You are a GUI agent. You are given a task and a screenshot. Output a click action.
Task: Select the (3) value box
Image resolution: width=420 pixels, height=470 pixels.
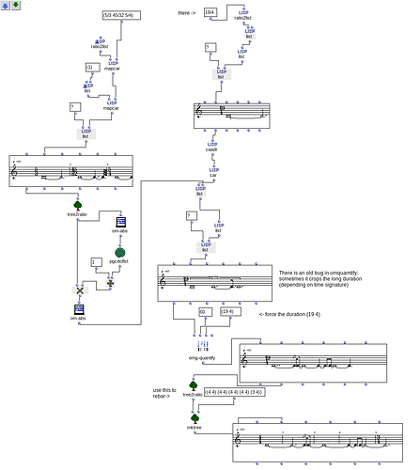[90, 68]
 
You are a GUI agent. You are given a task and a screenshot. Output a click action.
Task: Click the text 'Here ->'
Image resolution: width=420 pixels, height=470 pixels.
[188, 12]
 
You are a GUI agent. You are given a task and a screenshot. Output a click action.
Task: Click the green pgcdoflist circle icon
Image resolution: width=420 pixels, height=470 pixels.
[120, 251]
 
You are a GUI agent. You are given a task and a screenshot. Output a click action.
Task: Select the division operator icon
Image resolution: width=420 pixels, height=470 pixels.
[110, 279]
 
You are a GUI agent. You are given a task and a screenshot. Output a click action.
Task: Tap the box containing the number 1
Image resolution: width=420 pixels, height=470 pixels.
[94, 261]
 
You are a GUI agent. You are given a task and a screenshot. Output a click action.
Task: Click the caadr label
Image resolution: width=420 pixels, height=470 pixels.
[211, 149]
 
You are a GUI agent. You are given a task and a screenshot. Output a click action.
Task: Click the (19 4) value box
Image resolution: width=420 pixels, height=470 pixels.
[228, 311]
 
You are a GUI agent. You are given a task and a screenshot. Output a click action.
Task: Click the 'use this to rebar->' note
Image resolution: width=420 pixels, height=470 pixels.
[163, 393]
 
